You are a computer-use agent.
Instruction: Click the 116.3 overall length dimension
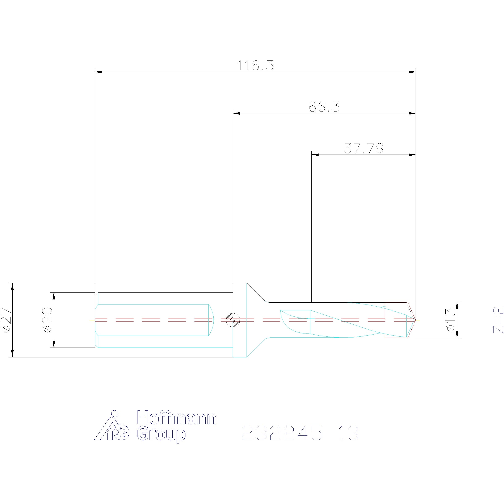point(255,66)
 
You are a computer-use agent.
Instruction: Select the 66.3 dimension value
point(324,107)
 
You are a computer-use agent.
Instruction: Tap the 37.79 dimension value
point(364,148)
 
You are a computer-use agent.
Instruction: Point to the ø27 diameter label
point(6,320)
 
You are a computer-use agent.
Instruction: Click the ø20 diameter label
point(48,320)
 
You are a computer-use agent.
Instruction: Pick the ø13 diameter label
point(451,320)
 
